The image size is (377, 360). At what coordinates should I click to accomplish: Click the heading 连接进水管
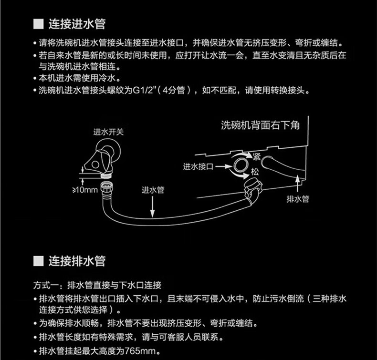[x=77, y=23]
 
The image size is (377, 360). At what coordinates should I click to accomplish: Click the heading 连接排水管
[x=77, y=261]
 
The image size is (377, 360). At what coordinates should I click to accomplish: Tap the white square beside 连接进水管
[x=38, y=23]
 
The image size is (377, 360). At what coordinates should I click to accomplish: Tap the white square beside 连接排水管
[x=38, y=261]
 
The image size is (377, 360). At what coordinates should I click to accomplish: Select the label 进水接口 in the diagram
[x=197, y=167]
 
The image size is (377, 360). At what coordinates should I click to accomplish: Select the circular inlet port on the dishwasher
[x=241, y=166]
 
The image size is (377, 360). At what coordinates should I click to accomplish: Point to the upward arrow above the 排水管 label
[x=298, y=183]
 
